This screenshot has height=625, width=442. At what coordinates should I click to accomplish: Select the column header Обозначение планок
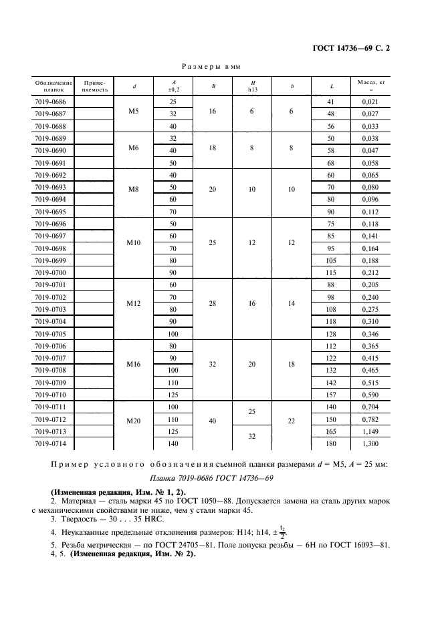(53, 85)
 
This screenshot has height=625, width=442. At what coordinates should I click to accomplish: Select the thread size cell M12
(134, 304)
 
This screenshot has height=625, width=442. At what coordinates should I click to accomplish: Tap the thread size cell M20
(134, 420)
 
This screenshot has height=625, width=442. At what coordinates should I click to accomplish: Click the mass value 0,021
(370, 101)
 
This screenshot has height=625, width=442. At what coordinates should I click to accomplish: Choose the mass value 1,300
(370, 444)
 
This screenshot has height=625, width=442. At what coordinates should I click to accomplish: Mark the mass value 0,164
(370, 248)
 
